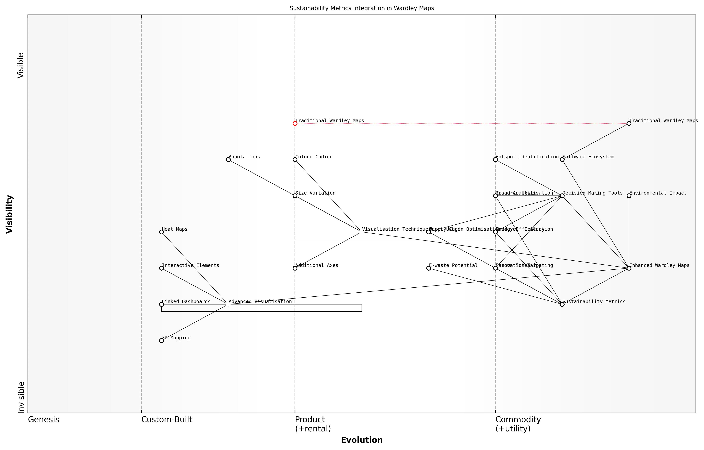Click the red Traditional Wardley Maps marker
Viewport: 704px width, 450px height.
(295, 123)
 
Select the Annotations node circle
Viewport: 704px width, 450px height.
(228, 160)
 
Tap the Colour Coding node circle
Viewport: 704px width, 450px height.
(295, 160)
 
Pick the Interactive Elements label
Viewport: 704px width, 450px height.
(190, 265)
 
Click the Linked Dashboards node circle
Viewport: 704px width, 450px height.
(161, 304)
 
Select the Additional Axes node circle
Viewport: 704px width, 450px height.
(295, 268)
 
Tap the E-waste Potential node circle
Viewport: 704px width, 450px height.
(429, 268)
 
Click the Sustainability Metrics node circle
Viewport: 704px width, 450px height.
(562, 304)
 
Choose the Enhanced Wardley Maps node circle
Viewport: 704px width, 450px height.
(629, 268)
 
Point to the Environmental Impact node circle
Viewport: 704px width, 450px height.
(629, 196)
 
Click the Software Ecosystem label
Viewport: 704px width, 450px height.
(588, 157)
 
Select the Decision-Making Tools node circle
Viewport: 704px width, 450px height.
(562, 196)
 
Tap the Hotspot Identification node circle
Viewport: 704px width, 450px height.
(495, 160)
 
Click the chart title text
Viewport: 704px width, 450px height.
(362, 8)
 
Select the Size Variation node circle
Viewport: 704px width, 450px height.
(295, 196)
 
